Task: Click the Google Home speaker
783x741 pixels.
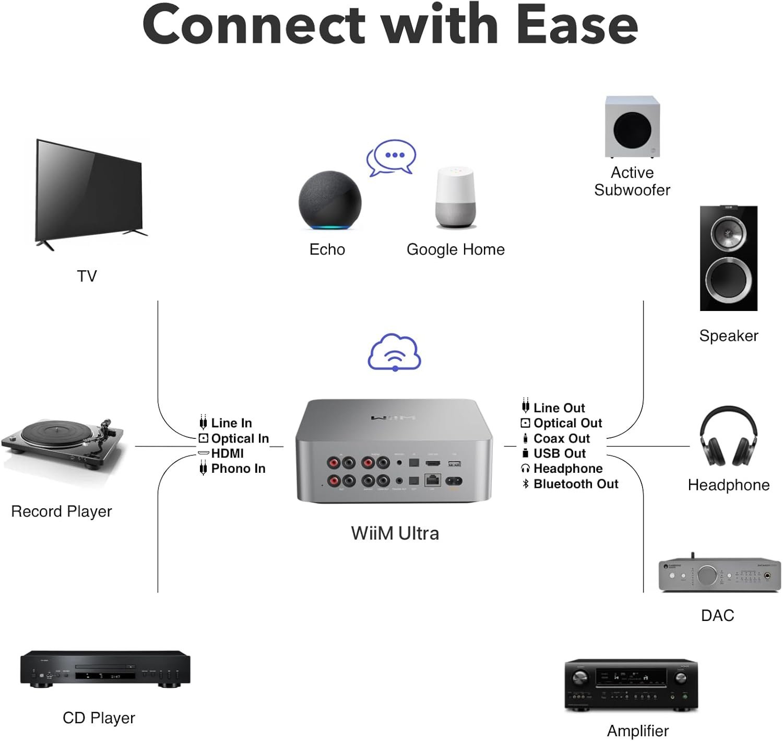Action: pos(456,197)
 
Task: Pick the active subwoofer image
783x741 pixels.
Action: pos(632,127)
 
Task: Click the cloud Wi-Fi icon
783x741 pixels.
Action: pos(395,352)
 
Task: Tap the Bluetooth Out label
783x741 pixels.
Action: pos(575,484)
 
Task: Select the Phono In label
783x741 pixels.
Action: pos(238,469)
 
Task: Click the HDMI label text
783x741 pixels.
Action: pos(227,453)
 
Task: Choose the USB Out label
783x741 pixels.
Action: pos(559,453)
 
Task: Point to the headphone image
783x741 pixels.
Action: pos(728,437)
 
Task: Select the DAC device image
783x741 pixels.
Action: pos(720,575)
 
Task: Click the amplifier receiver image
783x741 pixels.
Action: pos(631,684)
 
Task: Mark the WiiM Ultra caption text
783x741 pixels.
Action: pos(395,533)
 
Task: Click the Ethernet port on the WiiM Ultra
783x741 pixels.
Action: pos(433,480)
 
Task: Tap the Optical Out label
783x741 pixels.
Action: pos(567,423)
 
